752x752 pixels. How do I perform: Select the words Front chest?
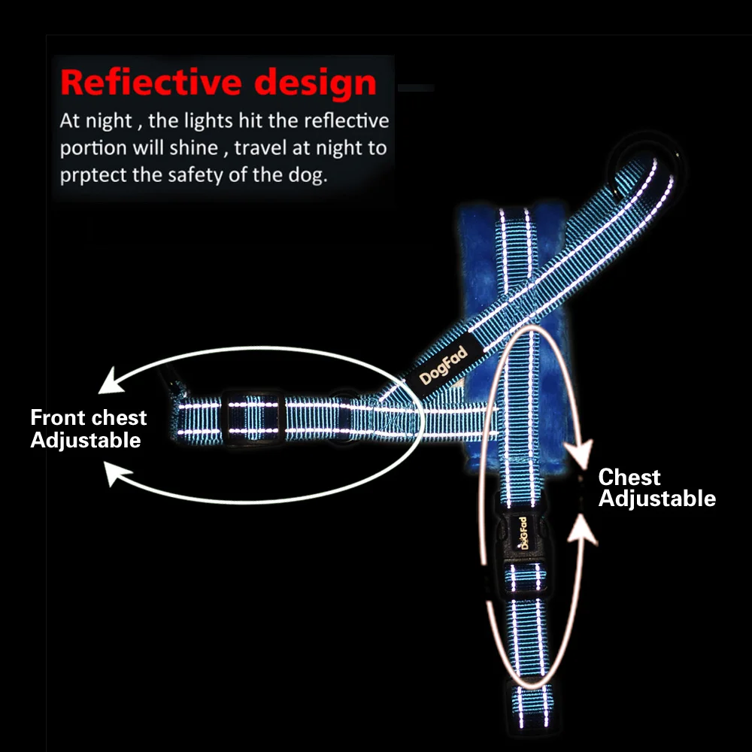[x=89, y=417]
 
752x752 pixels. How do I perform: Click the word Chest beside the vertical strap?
[x=629, y=477]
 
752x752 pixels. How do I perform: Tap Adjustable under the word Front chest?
[x=86, y=440]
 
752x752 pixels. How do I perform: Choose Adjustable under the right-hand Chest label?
[x=656, y=498]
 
